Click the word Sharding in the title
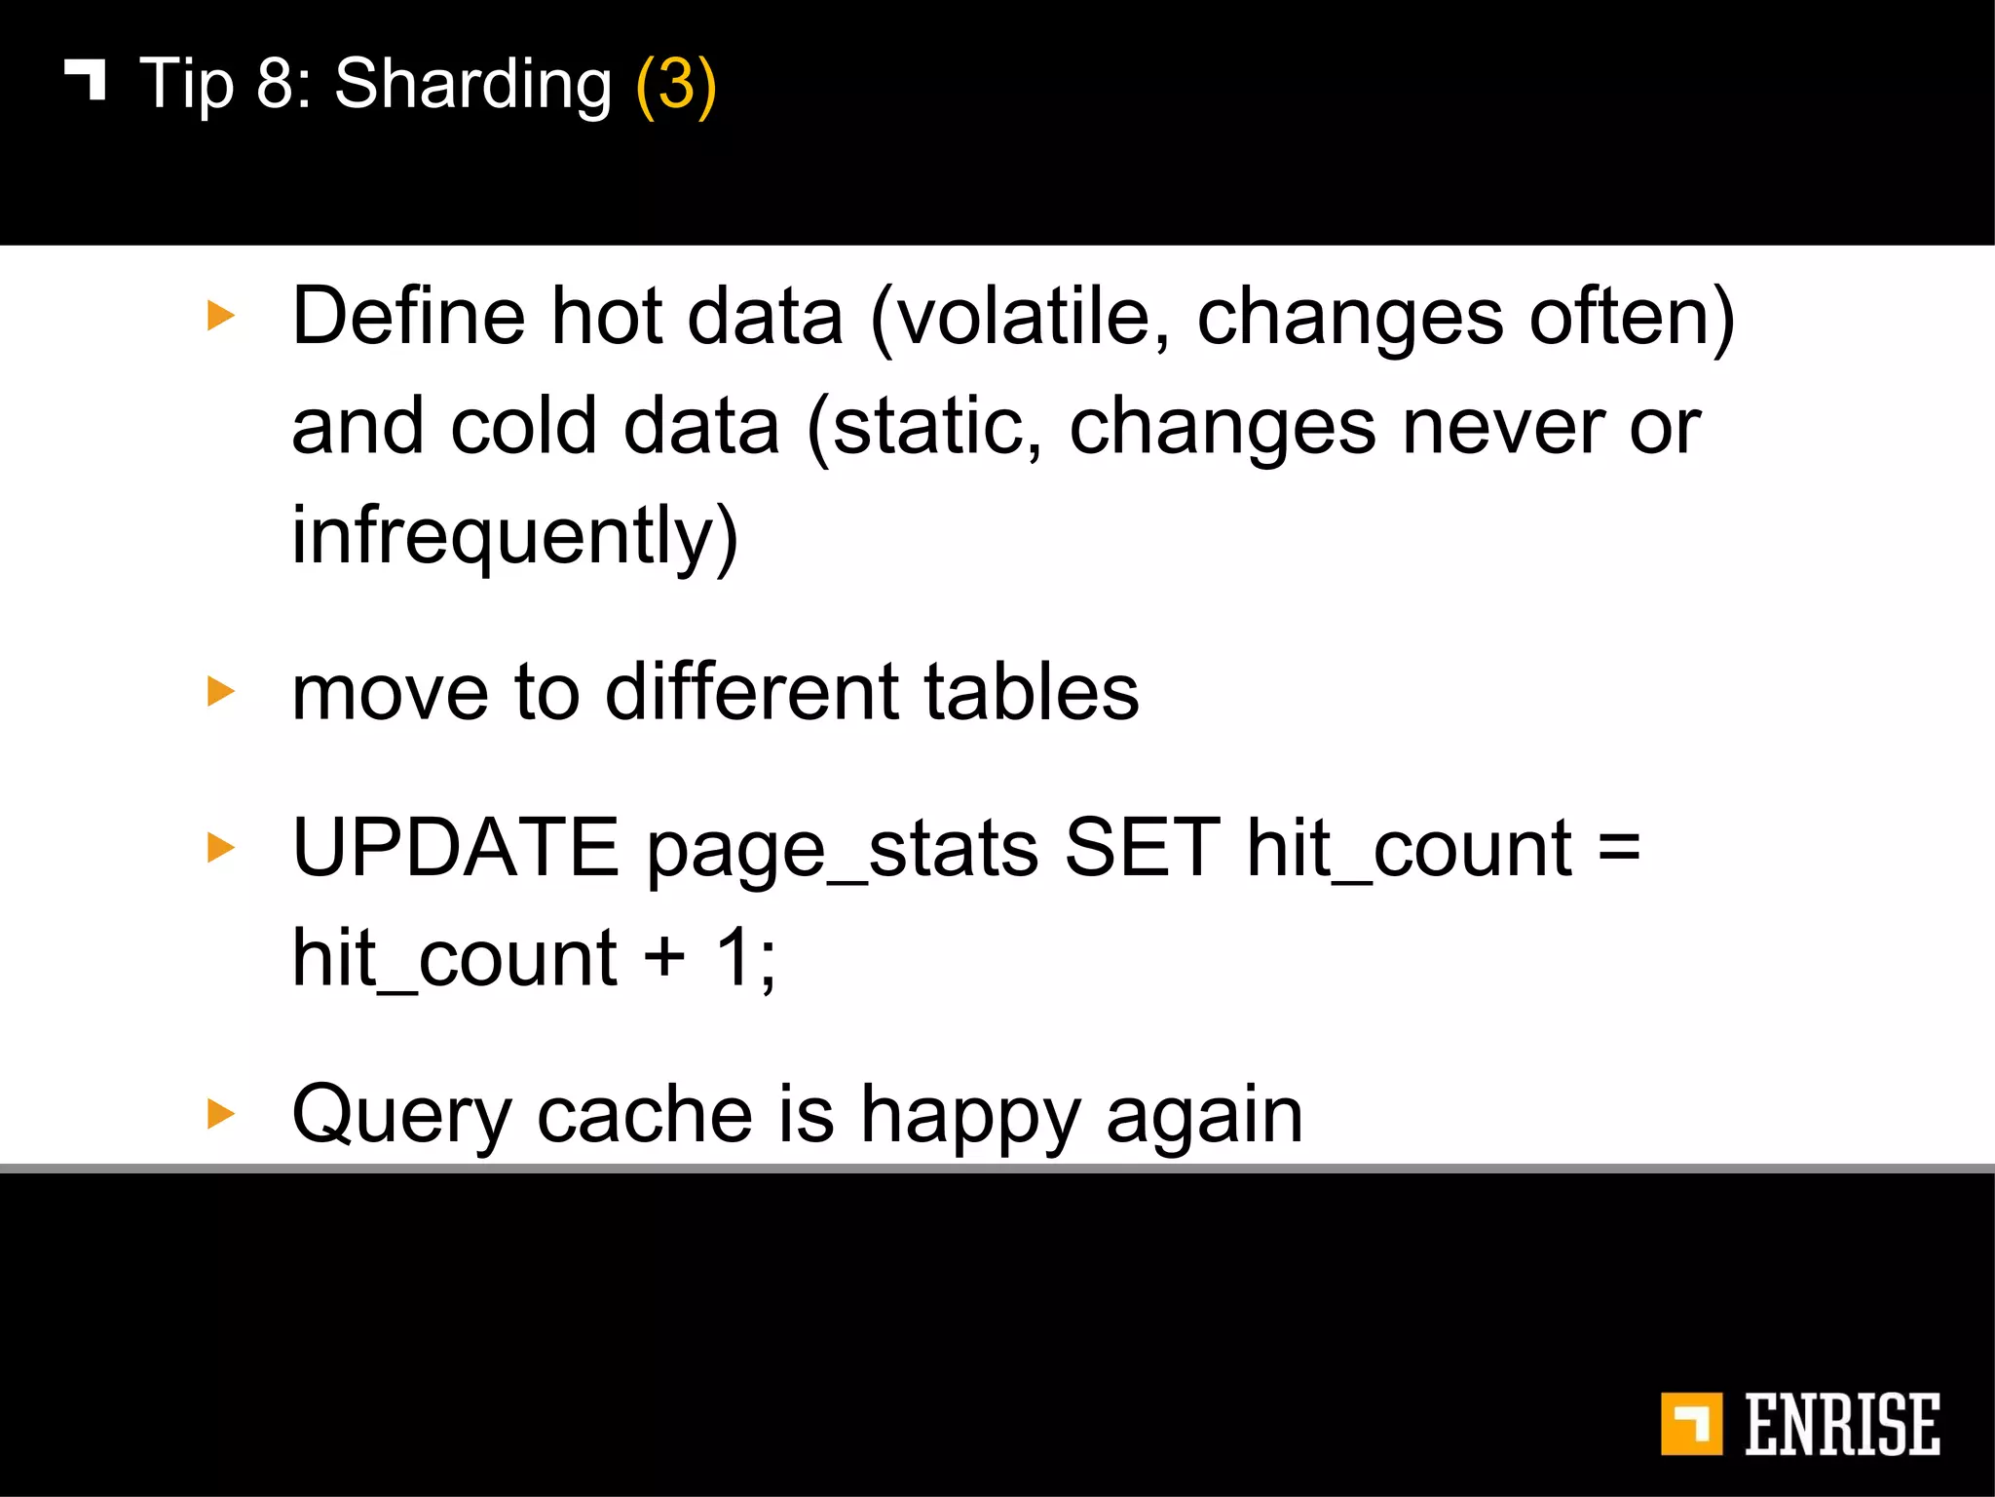[472, 86]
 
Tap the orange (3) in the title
[675, 86]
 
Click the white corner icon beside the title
[86, 79]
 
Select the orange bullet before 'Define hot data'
[221, 316]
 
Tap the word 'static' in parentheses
[936, 427]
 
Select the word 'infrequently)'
[515, 537]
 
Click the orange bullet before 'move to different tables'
[221, 692]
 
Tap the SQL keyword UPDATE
[456, 848]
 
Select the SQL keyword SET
[1142, 848]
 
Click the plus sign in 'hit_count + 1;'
[664, 957]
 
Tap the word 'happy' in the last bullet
[969, 1117]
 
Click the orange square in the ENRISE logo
[1690, 1424]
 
